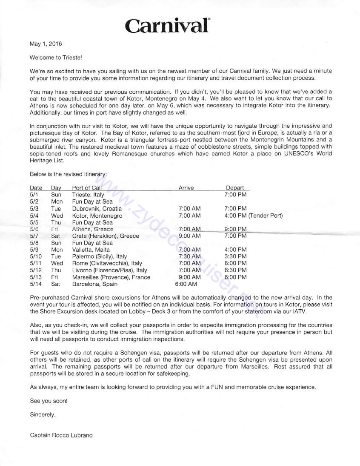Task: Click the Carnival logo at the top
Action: click(168, 26)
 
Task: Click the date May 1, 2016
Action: click(46, 44)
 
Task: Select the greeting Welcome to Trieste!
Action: click(55, 58)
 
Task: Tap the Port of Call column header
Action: click(87, 188)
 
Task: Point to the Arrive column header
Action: click(186, 188)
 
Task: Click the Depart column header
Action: click(235, 188)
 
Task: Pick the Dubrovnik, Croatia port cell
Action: click(97, 209)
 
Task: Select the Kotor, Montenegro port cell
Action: click(97, 216)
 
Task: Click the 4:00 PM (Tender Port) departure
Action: click(253, 216)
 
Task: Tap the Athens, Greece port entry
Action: click(92, 229)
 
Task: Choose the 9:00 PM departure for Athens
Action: click(235, 229)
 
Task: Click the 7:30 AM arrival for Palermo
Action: click(190, 256)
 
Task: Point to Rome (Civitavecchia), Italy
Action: click(107, 263)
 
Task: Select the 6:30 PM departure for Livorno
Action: click(235, 270)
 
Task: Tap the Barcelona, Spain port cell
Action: click(94, 284)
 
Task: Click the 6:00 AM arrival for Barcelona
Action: click(186, 284)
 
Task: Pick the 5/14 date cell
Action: click(36, 284)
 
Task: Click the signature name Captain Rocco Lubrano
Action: click(61, 435)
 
